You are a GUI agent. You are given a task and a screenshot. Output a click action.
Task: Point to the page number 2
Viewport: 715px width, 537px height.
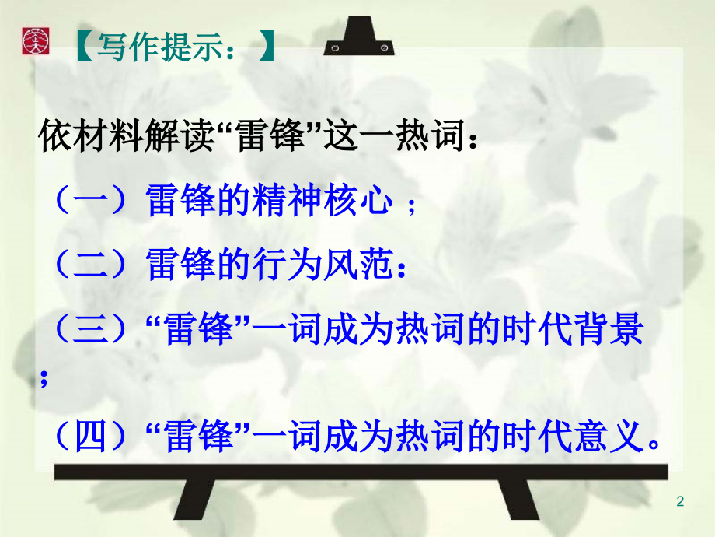tap(681, 502)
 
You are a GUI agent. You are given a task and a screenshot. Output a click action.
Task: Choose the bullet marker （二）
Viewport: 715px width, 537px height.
tap(90, 266)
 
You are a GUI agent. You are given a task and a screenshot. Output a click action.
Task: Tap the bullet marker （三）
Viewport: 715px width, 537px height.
tap(90, 331)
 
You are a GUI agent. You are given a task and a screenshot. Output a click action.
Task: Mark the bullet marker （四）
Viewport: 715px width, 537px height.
tap(90, 440)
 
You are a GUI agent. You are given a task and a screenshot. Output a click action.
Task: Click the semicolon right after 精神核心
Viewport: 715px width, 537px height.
tap(411, 206)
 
